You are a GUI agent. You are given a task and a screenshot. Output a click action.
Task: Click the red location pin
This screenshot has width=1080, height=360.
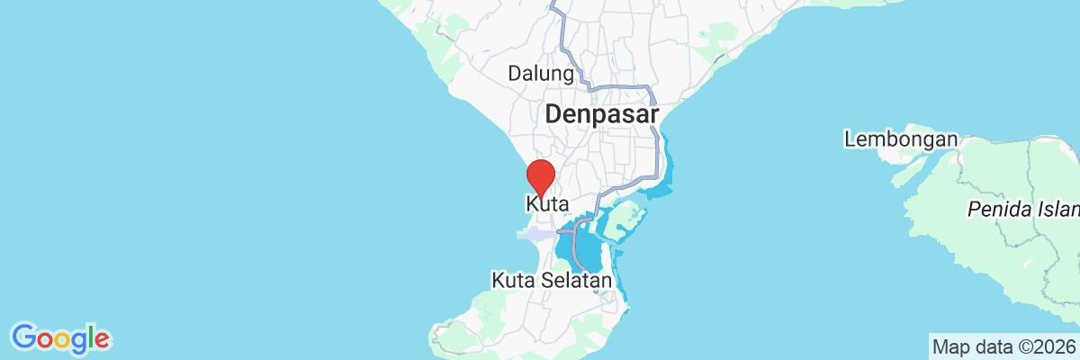coord(540,174)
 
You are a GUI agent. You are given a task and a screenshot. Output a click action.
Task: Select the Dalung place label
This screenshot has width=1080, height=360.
coord(541,73)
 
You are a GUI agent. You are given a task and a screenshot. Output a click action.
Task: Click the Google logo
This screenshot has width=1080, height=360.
coord(61,338)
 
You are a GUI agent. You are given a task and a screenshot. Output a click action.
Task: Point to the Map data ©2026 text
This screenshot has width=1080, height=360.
coord(1003,346)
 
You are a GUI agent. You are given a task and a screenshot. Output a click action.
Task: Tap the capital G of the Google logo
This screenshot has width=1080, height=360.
coord(23,337)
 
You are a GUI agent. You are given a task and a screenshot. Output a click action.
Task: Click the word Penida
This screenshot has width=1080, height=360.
coord(994,211)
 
